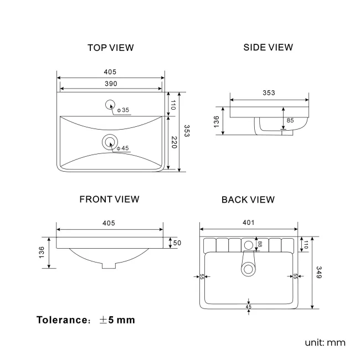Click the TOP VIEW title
point(110,48)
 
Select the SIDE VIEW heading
point(268,47)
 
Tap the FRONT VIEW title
point(109,199)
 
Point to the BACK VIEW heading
point(248,199)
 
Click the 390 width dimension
point(111,83)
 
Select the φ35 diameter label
point(123,110)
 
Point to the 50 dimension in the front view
point(177,243)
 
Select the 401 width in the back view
point(248,223)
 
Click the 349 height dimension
point(318,273)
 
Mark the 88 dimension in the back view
point(259,245)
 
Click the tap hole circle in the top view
point(110,104)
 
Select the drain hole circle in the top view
point(110,142)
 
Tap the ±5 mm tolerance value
point(117,320)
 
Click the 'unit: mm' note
point(325,342)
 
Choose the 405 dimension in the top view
point(110,72)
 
